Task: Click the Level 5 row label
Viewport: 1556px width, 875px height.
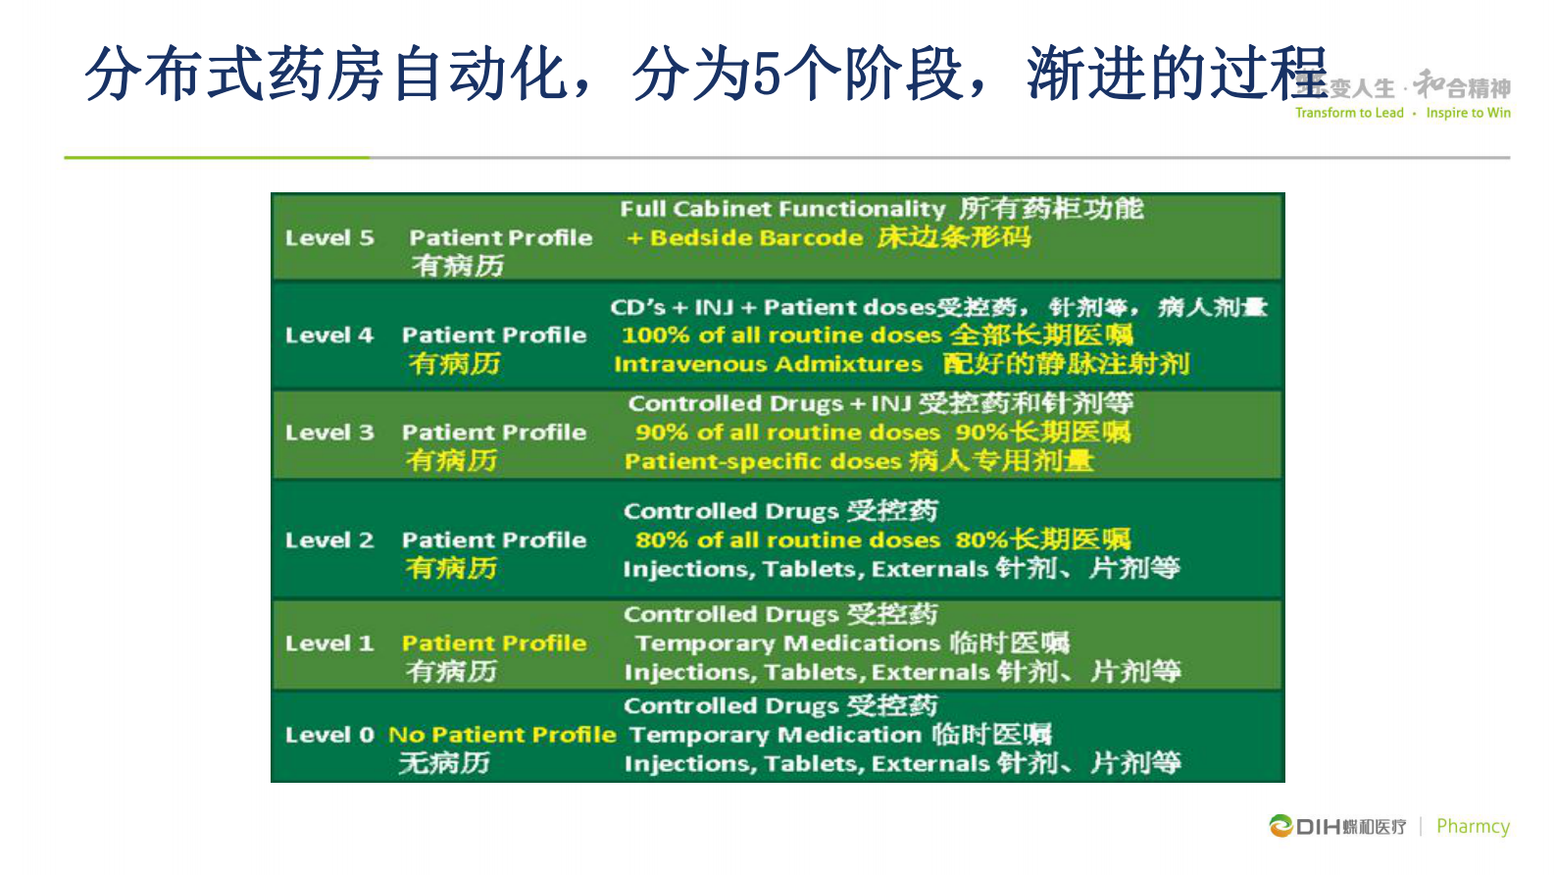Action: point(329,238)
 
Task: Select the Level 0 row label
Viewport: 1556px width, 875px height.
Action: point(329,735)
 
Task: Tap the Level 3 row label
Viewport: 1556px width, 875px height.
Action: point(329,433)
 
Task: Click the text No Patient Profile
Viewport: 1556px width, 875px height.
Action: point(502,735)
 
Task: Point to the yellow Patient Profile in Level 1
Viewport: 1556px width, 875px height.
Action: point(494,643)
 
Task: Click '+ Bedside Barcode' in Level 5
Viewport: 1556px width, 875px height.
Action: point(745,238)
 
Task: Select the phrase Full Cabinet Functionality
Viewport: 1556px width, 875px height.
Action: point(782,209)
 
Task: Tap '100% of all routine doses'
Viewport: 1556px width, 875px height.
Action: point(781,335)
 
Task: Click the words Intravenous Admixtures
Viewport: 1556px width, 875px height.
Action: point(768,365)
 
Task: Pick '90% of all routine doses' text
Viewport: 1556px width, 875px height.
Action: point(787,433)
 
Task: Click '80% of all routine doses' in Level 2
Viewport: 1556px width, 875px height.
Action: point(787,540)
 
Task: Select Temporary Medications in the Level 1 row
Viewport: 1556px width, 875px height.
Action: point(787,643)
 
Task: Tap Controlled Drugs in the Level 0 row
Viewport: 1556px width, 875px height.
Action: point(731,706)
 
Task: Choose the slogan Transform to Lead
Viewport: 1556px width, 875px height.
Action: point(1349,113)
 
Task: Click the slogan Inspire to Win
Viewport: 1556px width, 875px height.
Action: point(1468,113)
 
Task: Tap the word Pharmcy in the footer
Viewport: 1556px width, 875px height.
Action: point(1473,826)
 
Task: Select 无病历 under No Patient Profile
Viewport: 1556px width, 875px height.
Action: point(443,763)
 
